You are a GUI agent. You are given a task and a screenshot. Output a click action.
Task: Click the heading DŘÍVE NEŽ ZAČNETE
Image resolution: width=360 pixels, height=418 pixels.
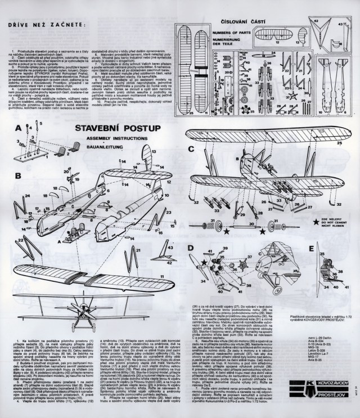[x=42, y=24]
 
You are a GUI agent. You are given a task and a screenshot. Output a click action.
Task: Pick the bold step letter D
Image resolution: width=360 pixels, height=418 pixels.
[x=191, y=248]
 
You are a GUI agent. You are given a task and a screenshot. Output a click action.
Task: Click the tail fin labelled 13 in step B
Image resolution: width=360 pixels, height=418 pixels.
[x=148, y=156]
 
